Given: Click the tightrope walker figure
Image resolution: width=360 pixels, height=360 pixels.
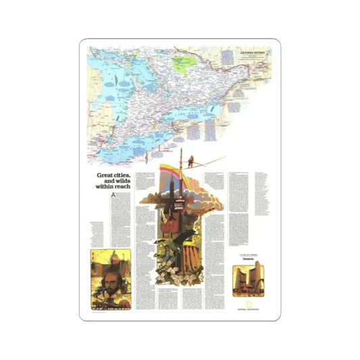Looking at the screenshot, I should pyautogui.click(x=191, y=161).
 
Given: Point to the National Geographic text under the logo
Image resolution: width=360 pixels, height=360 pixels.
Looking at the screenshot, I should pyautogui.click(x=245, y=312).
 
